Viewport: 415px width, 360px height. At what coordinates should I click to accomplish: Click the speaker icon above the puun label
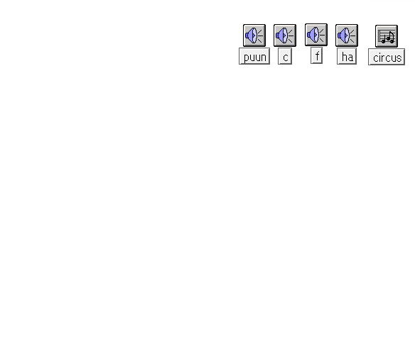click(x=254, y=36)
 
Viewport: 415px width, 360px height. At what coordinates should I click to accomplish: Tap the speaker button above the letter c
click(x=285, y=36)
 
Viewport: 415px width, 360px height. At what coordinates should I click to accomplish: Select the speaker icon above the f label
click(x=316, y=35)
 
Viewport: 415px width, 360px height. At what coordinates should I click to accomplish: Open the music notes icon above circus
click(x=387, y=36)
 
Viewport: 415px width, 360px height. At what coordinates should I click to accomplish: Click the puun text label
click(x=254, y=56)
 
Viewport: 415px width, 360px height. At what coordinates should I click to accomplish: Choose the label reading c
click(x=285, y=56)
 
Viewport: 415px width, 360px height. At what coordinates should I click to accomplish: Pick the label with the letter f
click(x=316, y=55)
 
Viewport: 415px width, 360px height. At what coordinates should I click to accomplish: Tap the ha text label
click(x=347, y=56)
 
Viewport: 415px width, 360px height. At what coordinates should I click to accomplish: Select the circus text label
click(x=387, y=57)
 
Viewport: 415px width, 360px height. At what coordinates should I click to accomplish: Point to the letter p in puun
click(x=246, y=58)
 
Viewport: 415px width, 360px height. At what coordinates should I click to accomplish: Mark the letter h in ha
click(x=344, y=57)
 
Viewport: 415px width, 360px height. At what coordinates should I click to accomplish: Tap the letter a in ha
click(x=350, y=58)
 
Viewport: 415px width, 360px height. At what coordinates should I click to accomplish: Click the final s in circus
click(x=399, y=58)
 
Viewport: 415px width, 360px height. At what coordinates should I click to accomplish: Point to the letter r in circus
click(x=382, y=58)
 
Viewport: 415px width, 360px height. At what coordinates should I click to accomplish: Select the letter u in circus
click(x=394, y=58)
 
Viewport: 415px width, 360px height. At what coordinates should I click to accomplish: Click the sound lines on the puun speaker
click(x=260, y=36)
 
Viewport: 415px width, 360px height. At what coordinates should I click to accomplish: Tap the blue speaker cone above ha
click(x=343, y=36)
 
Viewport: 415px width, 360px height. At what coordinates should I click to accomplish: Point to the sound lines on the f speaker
click(x=322, y=36)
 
